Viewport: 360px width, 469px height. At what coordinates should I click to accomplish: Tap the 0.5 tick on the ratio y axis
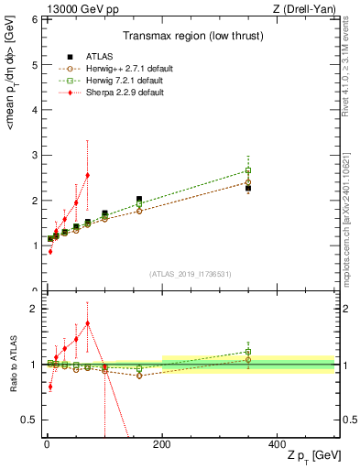point(30,420)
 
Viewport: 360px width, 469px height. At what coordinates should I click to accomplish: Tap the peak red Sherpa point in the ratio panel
point(87,323)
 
